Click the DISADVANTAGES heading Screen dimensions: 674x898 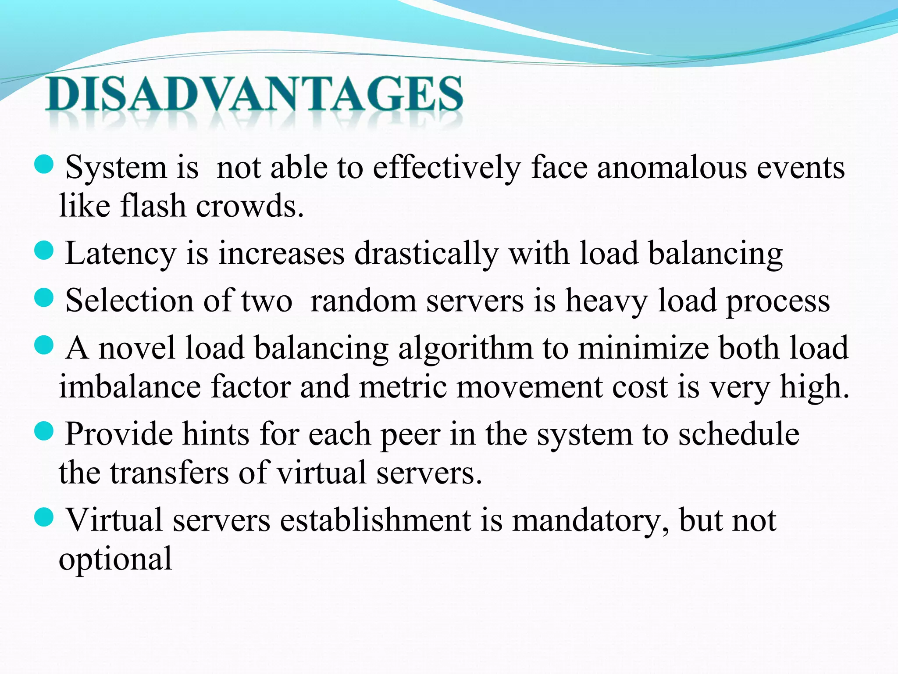(x=254, y=94)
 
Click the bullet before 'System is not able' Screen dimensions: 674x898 (x=43, y=165)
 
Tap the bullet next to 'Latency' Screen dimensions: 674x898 (x=43, y=251)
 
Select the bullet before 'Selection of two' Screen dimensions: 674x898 (x=43, y=299)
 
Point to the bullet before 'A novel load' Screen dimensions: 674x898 (x=43, y=346)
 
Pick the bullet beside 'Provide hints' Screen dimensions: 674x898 (x=43, y=432)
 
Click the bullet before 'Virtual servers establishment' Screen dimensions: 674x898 (x=43, y=518)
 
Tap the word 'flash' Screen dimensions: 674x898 (x=153, y=206)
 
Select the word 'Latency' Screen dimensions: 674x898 (x=121, y=255)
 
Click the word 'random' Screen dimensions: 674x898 (x=363, y=301)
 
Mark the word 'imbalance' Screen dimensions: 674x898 (x=130, y=387)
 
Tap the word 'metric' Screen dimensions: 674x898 (x=403, y=387)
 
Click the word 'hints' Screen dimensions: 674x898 (x=216, y=434)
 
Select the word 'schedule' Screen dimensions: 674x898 (x=738, y=434)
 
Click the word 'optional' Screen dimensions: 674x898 (x=116, y=560)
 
